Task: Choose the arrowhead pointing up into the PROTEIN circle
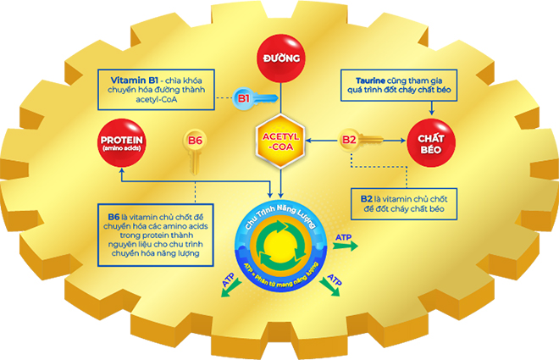point(121,170)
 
